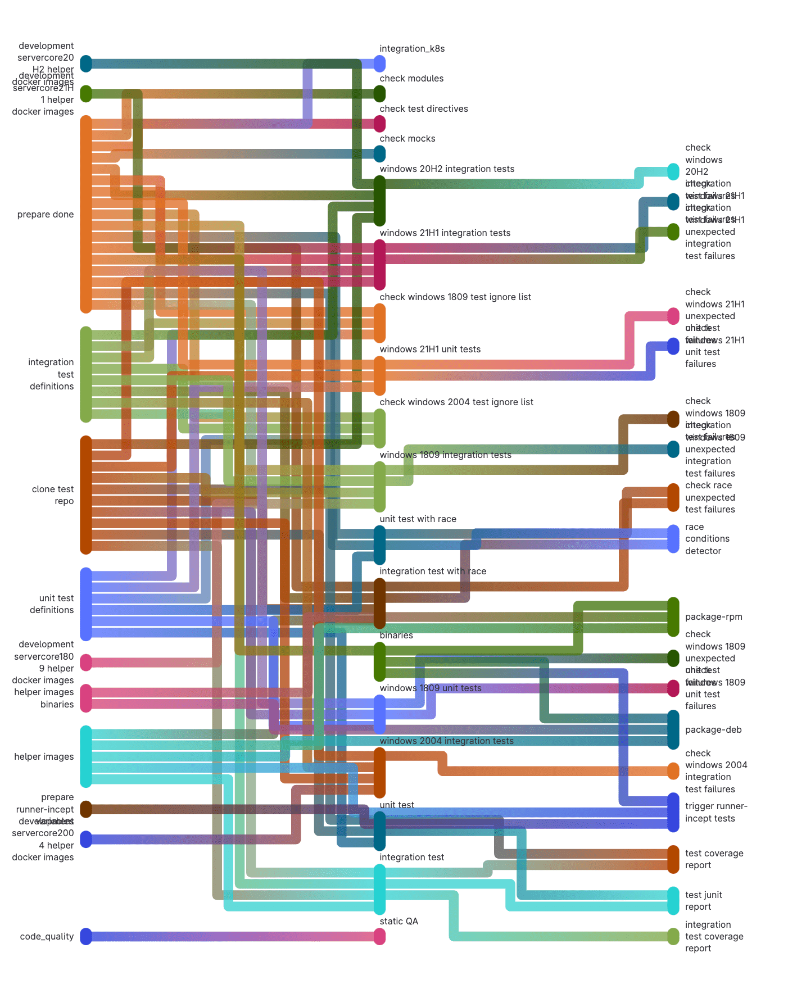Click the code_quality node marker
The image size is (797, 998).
[85, 937]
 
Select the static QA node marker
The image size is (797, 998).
[380, 937]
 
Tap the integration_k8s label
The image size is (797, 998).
[412, 49]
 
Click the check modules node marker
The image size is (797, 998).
[380, 94]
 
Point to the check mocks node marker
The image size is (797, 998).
[380, 153]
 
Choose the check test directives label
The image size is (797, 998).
[423, 109]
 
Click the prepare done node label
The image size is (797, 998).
[46, 215]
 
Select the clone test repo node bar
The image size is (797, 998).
[85, 495]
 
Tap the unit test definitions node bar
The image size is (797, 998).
[85, 604]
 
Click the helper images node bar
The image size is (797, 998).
[85, 756]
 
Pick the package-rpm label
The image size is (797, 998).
[713, 617]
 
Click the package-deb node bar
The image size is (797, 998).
[673, 729]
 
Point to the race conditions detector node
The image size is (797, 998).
[673, 539]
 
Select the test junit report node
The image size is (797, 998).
[673, 900]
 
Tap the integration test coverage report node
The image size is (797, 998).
[673, 937]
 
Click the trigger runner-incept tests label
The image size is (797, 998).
[716, 813]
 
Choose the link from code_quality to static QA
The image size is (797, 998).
[233, 937]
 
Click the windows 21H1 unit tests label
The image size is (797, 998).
[430, 350]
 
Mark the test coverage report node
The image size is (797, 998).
[673, 859]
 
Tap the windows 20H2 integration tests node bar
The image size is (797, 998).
[380, 201]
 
